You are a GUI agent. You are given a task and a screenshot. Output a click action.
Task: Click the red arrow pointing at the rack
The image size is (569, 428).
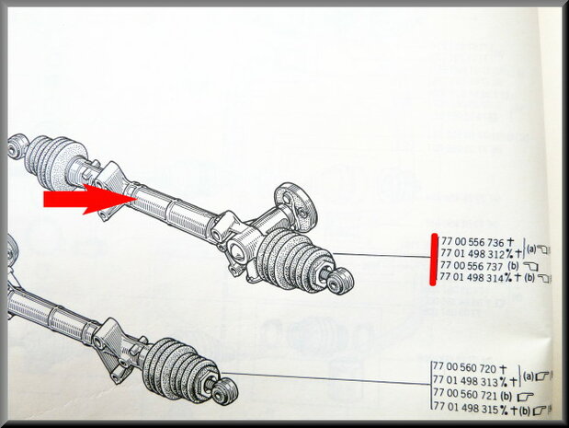pos(89,199)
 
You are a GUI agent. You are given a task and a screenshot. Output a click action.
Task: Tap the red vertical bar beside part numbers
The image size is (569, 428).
pos(433,260)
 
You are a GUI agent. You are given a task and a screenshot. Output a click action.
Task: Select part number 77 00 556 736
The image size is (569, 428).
pos(472,242)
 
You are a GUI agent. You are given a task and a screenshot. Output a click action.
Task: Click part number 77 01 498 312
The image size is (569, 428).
pos(472,253)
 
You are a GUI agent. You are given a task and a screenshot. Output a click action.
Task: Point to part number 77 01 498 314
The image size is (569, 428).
pos(472,277)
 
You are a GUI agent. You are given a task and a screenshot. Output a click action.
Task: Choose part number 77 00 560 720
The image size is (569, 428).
pos(464,368)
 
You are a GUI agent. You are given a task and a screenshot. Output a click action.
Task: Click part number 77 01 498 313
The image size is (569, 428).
pos(465,381)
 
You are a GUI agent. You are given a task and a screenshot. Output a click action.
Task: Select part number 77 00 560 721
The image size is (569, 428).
pos(464,394)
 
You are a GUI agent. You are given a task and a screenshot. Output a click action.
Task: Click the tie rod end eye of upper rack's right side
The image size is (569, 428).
pos(340,282)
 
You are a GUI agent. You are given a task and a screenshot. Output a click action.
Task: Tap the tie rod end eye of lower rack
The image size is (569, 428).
pos(225,391)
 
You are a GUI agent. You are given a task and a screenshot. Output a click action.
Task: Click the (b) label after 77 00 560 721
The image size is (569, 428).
pos(506,394)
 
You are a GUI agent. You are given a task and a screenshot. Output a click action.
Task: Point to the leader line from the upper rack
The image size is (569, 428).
pos(381,256)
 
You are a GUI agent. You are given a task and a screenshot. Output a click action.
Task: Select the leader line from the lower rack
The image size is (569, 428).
pos(325,378)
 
